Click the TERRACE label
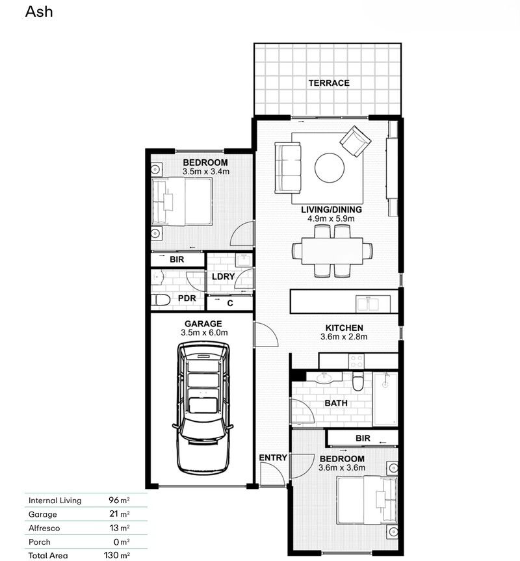[x=329, y=83]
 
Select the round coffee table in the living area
[x=330, y=168]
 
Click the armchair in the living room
[x=355, y=141]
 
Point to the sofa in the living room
[x=288, y=168]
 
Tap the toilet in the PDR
[x=161, y=300]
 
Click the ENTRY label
[x=273, y=458]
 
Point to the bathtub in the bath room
[x=385, y=399]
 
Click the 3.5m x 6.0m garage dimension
[x=203, y=333]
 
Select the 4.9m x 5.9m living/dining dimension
[x=331, y=219]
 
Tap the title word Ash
[x=39, y=12]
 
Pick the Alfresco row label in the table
[x=44, y=528]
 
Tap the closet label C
[x=230, y=303]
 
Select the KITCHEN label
[x=344, y=328]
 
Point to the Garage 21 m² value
[x=119, y=514]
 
